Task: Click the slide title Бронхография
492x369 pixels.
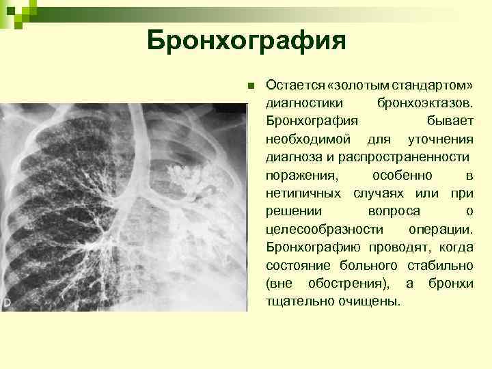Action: [246, 42]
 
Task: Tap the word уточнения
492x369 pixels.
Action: [441, 139]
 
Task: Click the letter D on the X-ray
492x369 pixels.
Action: [7, 301]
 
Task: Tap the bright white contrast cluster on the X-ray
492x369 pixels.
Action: [185, 175]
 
